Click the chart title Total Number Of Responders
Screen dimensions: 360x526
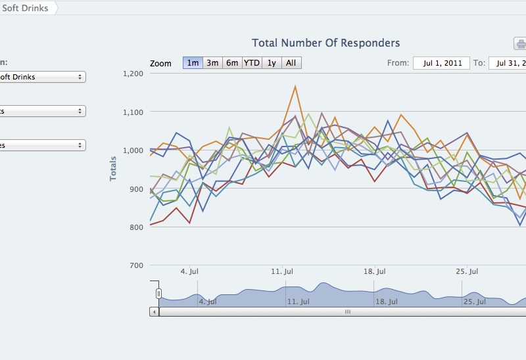coord(325,43)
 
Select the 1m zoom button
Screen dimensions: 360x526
coord(193,63)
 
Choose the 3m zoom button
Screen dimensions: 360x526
coord(212,63)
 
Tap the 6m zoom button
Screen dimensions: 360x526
coord(232,63)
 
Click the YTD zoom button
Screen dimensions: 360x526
coord(252,63)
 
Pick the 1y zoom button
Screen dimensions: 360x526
coord(272,63)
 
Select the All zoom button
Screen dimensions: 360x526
coord(291,63)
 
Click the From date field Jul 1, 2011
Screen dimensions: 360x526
coord(441,64)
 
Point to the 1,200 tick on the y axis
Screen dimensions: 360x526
coord(133,74)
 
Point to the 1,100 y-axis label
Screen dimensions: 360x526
coord(133,112)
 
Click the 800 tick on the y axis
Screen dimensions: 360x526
coord(136,227)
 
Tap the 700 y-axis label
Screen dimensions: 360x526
coord(136,265)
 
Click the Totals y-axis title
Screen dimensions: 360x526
coord(114,169)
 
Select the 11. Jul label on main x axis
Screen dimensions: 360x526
coord(281,271)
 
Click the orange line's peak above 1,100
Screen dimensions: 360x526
coord(295,86)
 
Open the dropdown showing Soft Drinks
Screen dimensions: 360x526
coord(42,77)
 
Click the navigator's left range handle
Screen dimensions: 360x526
coord(158,293)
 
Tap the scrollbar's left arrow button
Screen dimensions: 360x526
coord(154,312)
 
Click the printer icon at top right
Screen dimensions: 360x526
coord(521,44)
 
